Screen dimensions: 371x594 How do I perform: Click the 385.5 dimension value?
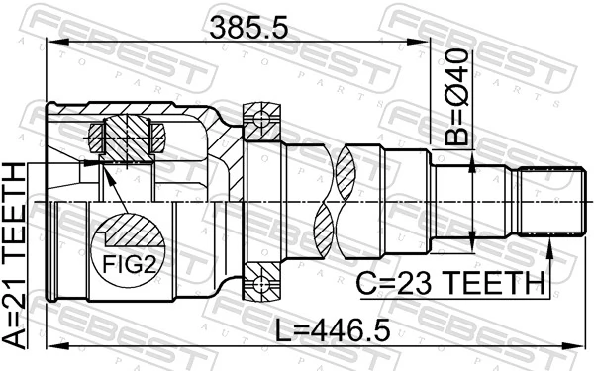[x=248, y=29]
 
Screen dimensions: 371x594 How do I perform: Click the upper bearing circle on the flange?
[x=262, y=122]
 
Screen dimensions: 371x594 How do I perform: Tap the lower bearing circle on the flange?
[x=262, y=287]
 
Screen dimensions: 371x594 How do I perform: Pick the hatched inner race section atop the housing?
[x=127, y=135]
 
